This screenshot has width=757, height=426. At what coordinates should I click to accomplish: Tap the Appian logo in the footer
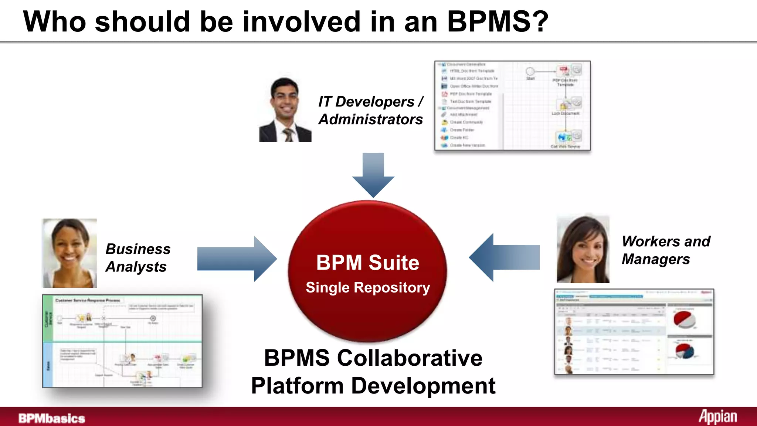pyautogui.click(x=717, y=417)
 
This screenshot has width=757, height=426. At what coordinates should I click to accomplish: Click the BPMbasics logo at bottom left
pyautogui.click(x=52, y=418)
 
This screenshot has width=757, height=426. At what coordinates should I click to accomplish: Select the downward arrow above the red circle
pyautogui.click(x=373, y=174)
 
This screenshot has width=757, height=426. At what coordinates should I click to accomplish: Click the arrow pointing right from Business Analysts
pyautogui.click(x=237, y=259)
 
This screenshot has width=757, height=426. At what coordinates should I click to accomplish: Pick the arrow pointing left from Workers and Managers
pyautogui.click(x=505, y=257)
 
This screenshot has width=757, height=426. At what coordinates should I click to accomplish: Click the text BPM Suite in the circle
pyautogui.click(x=367, y=263)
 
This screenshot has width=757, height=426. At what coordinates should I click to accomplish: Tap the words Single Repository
pyautogui.click(x=368, y=287)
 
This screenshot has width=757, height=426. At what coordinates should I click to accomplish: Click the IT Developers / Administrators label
pyautogui.click(x=371, y=110)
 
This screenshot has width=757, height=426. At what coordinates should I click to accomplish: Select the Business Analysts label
pyautogui.click(x=138, y=258)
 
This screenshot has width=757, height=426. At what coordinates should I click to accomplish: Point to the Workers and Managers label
pyautogui.click(x=666, y=250)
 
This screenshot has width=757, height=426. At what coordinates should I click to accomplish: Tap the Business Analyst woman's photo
pyautogui.click(x=69, y=253)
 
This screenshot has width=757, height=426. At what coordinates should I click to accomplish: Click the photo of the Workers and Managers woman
pyautogui.click(x=583, y=250)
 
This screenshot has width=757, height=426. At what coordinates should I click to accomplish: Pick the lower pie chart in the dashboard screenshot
pyautogui.click(x=685, y=351)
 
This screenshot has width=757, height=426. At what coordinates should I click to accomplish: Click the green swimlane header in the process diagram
pyautogui.click(x=48, y=318)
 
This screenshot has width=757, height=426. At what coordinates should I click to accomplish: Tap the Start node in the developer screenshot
pyautogui.click(x=530, y=71)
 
